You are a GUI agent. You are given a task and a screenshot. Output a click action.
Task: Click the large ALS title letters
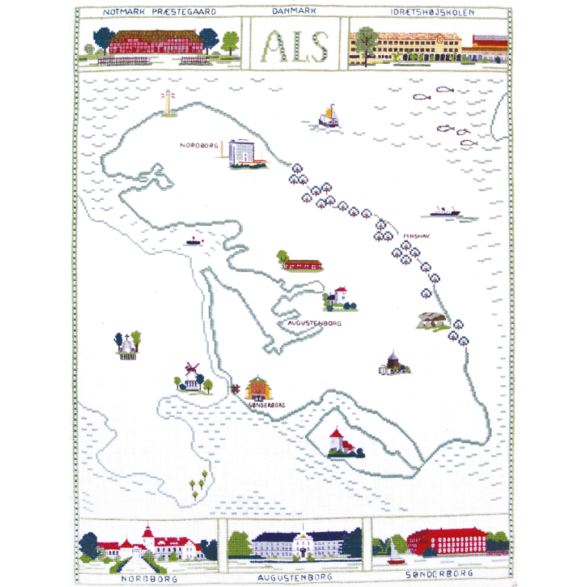(x=295, y=46)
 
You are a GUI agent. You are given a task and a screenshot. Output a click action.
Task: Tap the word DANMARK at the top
(x=295, y=12)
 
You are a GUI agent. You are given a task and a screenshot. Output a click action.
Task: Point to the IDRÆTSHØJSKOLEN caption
(x=433, y=12)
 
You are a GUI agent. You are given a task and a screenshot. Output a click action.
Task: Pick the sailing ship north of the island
(x=328, y=116)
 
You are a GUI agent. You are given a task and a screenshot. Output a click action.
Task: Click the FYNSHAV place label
(x=416, y=236)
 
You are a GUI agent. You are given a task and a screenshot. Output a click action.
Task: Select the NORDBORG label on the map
(x=198, y=146)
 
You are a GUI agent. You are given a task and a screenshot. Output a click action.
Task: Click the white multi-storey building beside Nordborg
(x=242, y=153)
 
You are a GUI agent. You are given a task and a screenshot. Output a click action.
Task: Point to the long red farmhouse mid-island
(x=301, y=263)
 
